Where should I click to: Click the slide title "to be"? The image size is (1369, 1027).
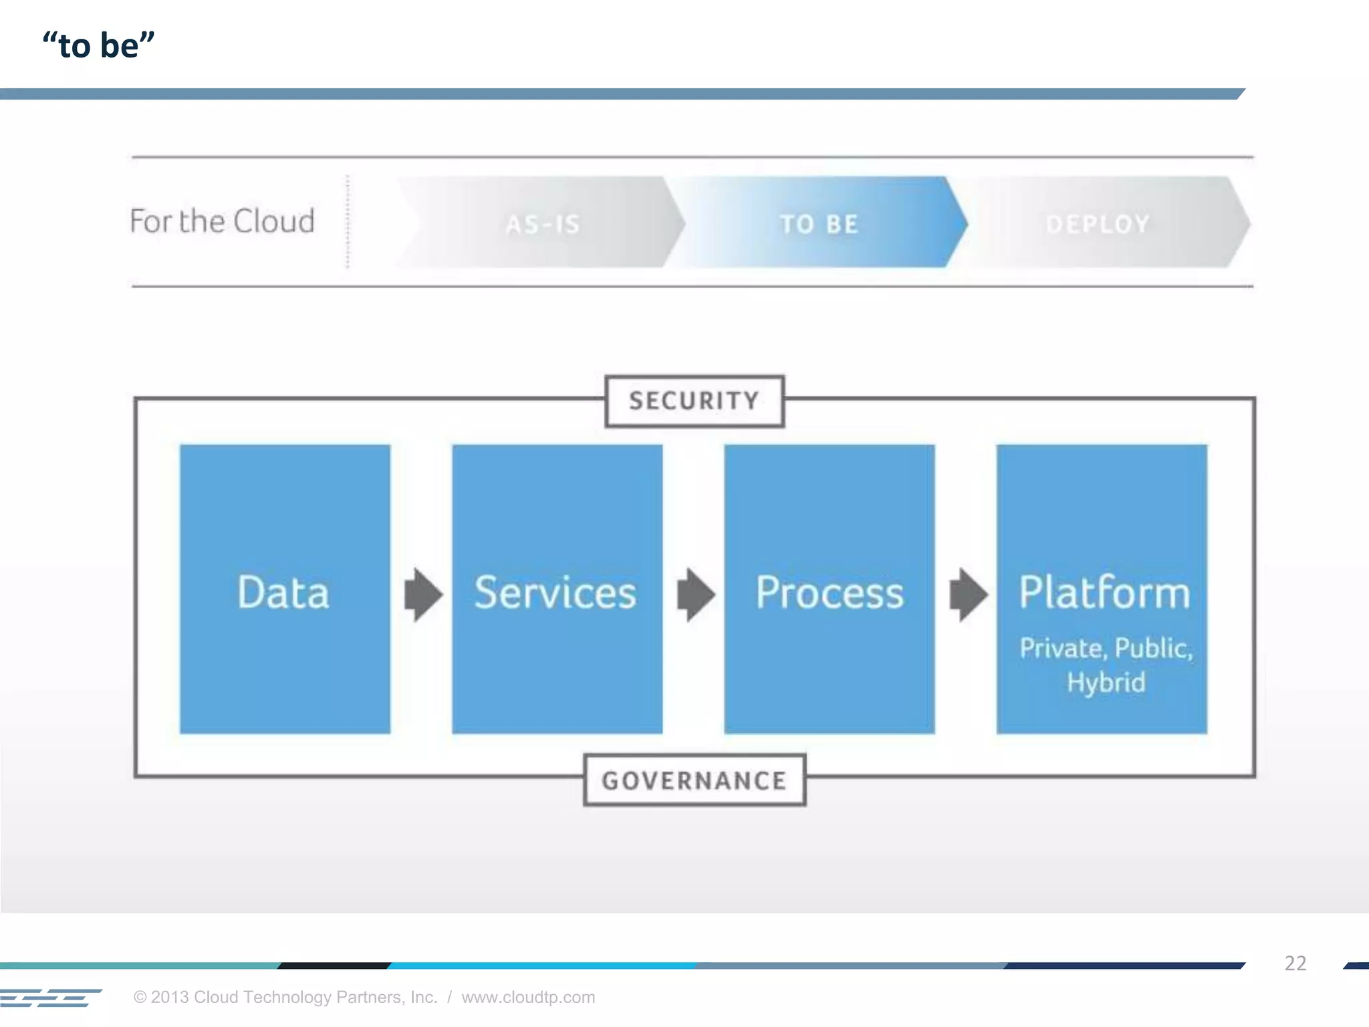coord(98,45)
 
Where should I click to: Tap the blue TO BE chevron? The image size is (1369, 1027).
coord(819,223)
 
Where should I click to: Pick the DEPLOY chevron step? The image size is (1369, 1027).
coord(1098,223)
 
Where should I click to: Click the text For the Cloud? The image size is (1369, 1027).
coord(222,221)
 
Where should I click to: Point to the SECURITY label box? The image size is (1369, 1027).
coord(694,401)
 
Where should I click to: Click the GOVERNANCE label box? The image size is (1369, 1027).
coord(694,780)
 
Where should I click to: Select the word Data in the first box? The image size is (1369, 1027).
coord(283,592)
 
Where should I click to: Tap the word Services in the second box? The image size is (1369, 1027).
coord(555,592)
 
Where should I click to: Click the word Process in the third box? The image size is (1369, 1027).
coord(829,592)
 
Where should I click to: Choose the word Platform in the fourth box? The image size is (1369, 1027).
coord(1104,592)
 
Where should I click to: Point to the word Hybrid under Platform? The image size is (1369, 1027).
coord(1106,683)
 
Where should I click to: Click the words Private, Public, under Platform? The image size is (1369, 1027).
coord(1106,648)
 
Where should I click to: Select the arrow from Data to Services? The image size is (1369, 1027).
coord(423,594)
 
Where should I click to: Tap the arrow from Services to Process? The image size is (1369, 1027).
coord(695,594)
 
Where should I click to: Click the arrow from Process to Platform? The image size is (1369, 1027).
coord(968,594)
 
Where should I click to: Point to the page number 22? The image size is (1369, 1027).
coord(1295,963)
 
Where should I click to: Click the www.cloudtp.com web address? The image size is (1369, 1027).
coord(528,997)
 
